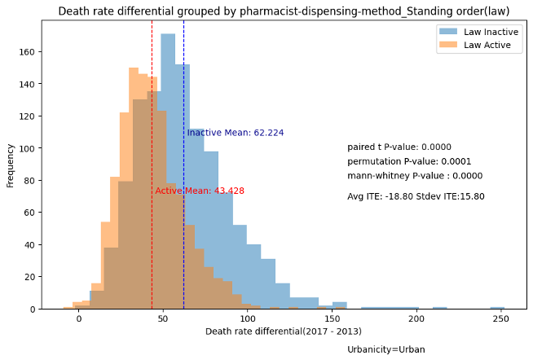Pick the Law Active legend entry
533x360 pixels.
482,46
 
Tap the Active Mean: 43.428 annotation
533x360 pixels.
200,191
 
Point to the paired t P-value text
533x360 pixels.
399,147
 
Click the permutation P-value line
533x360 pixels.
409,161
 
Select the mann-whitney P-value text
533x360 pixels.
415,175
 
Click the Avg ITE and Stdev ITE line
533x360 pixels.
416,196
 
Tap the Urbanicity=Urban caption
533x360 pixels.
385,349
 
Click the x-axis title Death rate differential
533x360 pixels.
284,331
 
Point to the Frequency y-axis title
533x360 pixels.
11,165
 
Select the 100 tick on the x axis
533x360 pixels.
248,318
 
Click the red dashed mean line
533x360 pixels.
152,244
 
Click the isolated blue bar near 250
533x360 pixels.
497,307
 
